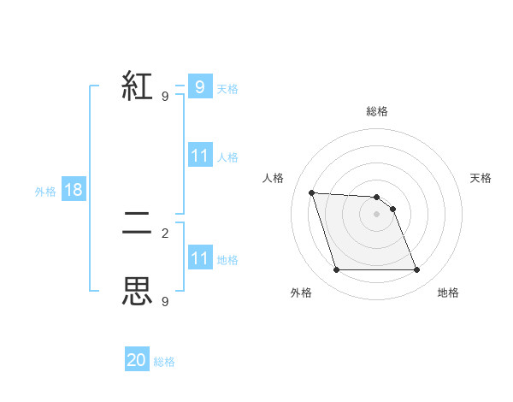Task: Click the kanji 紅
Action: (x=138, y=86)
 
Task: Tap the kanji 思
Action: (x=138, y=292)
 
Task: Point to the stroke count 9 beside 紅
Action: (x=165, y=97)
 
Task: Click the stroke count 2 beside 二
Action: (x=165, y=233)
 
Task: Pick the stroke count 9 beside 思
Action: (x=165, y=301)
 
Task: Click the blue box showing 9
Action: (x=199, y=87)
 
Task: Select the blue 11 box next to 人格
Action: (x=199, y=156)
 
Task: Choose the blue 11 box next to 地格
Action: (x=199, y=258)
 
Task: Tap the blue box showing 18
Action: (x=74, y=190)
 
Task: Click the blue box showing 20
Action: (x=137, y=360)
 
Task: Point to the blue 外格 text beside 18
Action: (x=45, y=192)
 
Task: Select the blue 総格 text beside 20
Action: (x=164, y=362)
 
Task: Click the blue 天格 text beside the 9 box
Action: (x=227, y=88)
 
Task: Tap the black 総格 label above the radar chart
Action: (x=377, y=111)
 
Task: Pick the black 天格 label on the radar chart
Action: (x=481, y=178)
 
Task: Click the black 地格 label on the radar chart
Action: (x=448, y=293)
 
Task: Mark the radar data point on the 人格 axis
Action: (x=312, y=192)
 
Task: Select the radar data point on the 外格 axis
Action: (x=336, y=270)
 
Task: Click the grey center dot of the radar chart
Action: (x=377, y=214)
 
